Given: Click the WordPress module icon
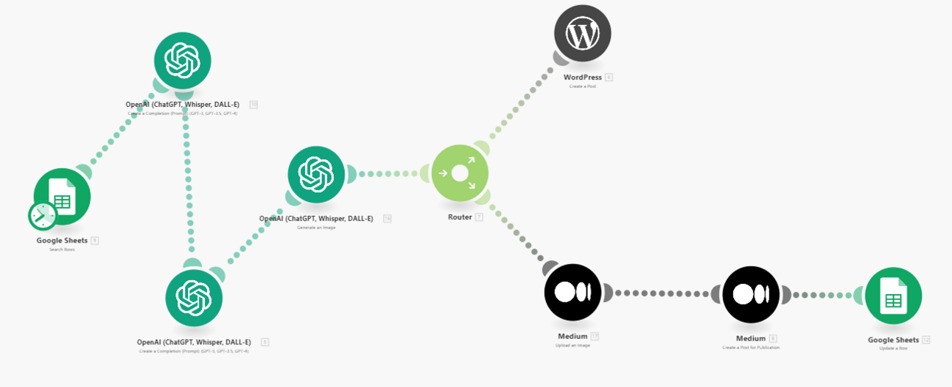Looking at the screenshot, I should (x=582, y=33).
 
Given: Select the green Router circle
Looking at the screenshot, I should (x=460, y=173).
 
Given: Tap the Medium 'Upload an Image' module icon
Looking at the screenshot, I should (x=573, y=292).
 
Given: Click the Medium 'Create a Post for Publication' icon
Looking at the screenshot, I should (x=751, y=294).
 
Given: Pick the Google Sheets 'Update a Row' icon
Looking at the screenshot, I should (x=893, y=296).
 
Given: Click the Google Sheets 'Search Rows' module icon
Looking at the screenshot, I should (x=62, y=197).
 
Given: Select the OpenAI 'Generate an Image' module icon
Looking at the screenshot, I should (x=316, y=175).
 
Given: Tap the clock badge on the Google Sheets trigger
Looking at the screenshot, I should (x=42, y=215).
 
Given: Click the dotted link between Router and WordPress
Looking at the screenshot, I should (x=520, y=102).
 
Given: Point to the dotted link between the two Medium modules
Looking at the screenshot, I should (x=662, y=293).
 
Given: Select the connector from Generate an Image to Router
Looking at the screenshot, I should (x=388, y=174).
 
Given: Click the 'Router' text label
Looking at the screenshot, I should (x=460, y=217).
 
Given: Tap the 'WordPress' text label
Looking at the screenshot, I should (x=582, y=77).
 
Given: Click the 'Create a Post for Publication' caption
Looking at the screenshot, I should (x=750, y=347).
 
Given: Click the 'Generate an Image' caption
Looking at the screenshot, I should (x=316, y=227).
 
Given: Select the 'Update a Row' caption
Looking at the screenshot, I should (x=893, y=348).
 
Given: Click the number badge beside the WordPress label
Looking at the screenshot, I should (x=609, y=77).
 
